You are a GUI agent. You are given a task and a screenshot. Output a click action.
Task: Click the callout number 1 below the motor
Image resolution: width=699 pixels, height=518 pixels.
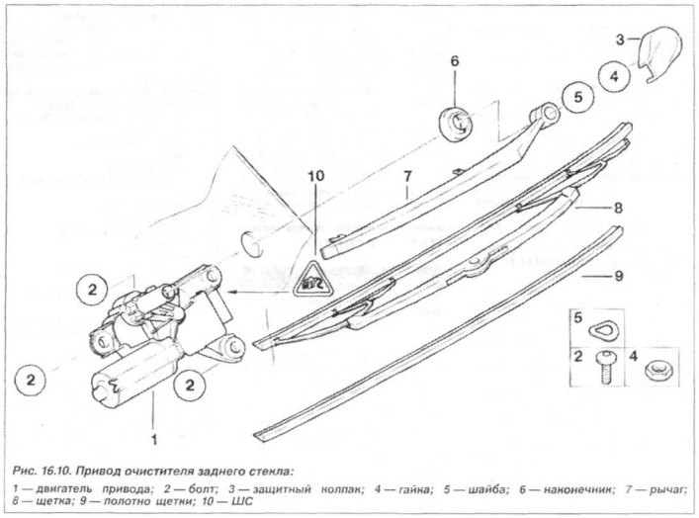(154, 440)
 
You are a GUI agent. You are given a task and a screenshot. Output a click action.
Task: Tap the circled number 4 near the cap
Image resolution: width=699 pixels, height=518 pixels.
(614, 76)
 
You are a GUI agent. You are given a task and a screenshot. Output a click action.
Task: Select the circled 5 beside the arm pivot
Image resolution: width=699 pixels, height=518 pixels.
(577, 97)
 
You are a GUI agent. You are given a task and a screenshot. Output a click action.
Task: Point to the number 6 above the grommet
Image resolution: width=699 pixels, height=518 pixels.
(454, 61)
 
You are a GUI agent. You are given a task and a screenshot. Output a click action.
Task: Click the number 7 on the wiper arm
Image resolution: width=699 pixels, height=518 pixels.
(407, 177)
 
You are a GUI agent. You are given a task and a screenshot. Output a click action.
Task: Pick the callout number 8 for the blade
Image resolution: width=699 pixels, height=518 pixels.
(618, 208)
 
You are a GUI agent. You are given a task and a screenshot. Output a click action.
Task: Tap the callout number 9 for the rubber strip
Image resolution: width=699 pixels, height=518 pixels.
(618, 277)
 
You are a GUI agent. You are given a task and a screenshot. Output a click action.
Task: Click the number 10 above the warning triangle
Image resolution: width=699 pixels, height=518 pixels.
(316, 176)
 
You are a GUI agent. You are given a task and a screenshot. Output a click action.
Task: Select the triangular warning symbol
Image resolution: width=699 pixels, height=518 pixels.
(314, 282)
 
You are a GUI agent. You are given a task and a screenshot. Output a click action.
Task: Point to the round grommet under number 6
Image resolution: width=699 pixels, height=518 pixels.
(456, 124)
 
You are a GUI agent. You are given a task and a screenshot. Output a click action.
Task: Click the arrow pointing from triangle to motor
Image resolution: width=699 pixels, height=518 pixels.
(259, 292)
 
